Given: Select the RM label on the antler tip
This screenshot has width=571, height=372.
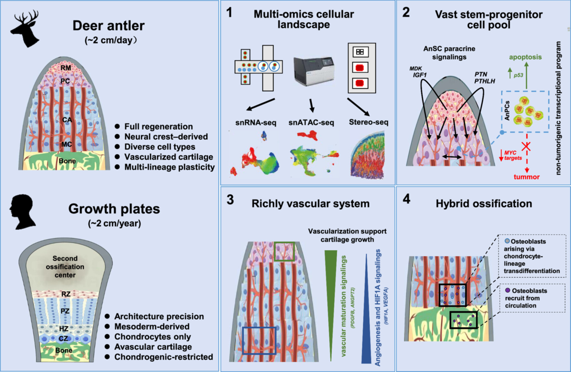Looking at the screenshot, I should point(66,68).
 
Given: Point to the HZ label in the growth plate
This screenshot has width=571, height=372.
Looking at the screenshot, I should point(64,329).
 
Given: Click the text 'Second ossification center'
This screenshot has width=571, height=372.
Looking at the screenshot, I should point(65,266).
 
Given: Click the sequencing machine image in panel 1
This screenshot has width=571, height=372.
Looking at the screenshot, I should point(314,71).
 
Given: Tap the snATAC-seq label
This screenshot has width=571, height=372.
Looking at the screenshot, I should point(311,123).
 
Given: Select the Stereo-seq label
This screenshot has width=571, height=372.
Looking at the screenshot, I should point(368,122).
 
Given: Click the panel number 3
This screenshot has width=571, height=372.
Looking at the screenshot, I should point(230,200).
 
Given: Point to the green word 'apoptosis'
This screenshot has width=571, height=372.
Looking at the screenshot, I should point(525,57).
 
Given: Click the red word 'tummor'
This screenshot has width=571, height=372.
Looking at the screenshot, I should point(527,177).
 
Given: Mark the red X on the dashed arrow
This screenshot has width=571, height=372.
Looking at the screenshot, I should point(526,146).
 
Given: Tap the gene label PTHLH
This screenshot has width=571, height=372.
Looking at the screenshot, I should point(485,81).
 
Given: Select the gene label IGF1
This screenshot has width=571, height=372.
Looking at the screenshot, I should point(420,75).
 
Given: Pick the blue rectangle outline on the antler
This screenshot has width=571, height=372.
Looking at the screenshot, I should point(259,340).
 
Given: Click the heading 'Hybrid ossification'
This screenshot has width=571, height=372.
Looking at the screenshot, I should point(484,203).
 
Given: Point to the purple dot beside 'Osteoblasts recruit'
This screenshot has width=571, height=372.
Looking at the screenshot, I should point(508,290).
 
